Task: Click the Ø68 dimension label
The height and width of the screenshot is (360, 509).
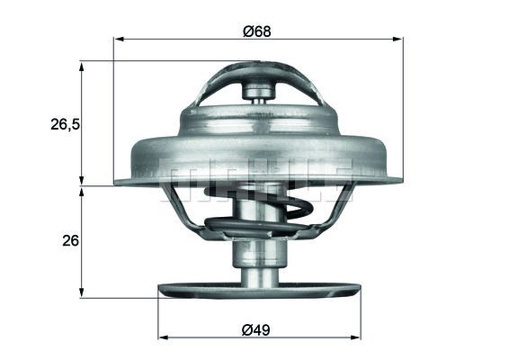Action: [x=257, y=30]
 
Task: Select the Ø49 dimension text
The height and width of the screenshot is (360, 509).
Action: [x=257, y=328]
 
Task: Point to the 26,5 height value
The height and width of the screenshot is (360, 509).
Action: [x=65, y=125]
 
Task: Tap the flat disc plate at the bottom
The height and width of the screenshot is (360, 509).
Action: [x=259, y=290]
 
